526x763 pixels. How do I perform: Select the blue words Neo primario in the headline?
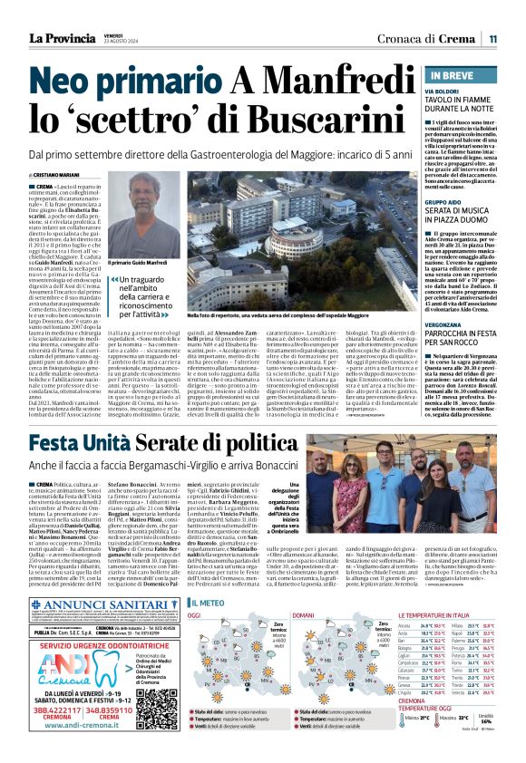[122, 85]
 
